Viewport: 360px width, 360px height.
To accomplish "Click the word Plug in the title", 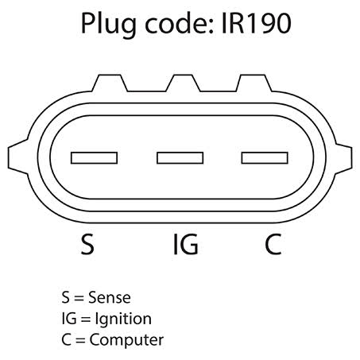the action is click(109, 25).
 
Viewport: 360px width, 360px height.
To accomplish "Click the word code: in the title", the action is click(179, 23).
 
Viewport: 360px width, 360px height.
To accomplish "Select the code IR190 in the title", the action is click(256, 24).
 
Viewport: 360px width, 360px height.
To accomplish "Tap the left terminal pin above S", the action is click(94, 158).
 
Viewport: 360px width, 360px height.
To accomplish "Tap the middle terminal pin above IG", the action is click(180, 158).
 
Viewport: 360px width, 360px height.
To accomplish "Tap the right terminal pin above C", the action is click(265, 158).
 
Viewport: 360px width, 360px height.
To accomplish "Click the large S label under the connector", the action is click(87, 244).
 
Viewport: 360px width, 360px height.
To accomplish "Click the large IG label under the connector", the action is click(185, 244).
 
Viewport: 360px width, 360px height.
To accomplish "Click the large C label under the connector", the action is click(273, 244).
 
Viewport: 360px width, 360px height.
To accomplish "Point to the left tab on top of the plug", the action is click(110, 83).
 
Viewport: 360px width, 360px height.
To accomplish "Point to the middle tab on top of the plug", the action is click(183, 83).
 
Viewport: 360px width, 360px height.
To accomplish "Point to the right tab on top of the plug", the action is click(254, 83).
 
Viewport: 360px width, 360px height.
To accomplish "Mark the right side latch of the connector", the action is click(343, 158).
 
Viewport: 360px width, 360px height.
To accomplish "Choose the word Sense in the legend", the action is click(110, 297).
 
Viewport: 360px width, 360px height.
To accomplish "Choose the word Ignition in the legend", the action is click(123, 319).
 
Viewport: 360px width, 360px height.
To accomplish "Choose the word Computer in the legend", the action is click(126, 340).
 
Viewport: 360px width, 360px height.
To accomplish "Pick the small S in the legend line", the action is click(65, 297).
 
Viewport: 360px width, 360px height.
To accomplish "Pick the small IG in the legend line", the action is click(69, 319).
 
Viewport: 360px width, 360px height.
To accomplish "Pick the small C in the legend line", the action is click(66, 339).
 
